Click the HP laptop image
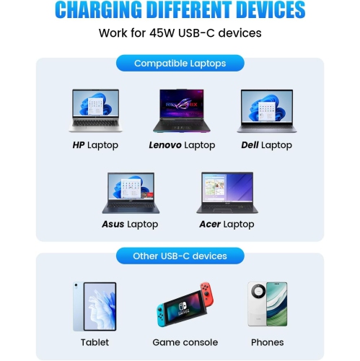click(x=95, y=111)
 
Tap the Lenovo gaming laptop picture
click(x=181, y=111)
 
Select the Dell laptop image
click(x=266, y=111)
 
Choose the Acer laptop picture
click(x=226, y=193)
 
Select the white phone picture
click(x=267, y=305)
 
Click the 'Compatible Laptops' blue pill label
click(x=180, y=64)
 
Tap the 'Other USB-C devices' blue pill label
click(x=180, y=256)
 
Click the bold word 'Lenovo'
click(x=165, y=145)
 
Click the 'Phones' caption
click(x=267, y=342)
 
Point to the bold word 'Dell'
click(x=250, y=145)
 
